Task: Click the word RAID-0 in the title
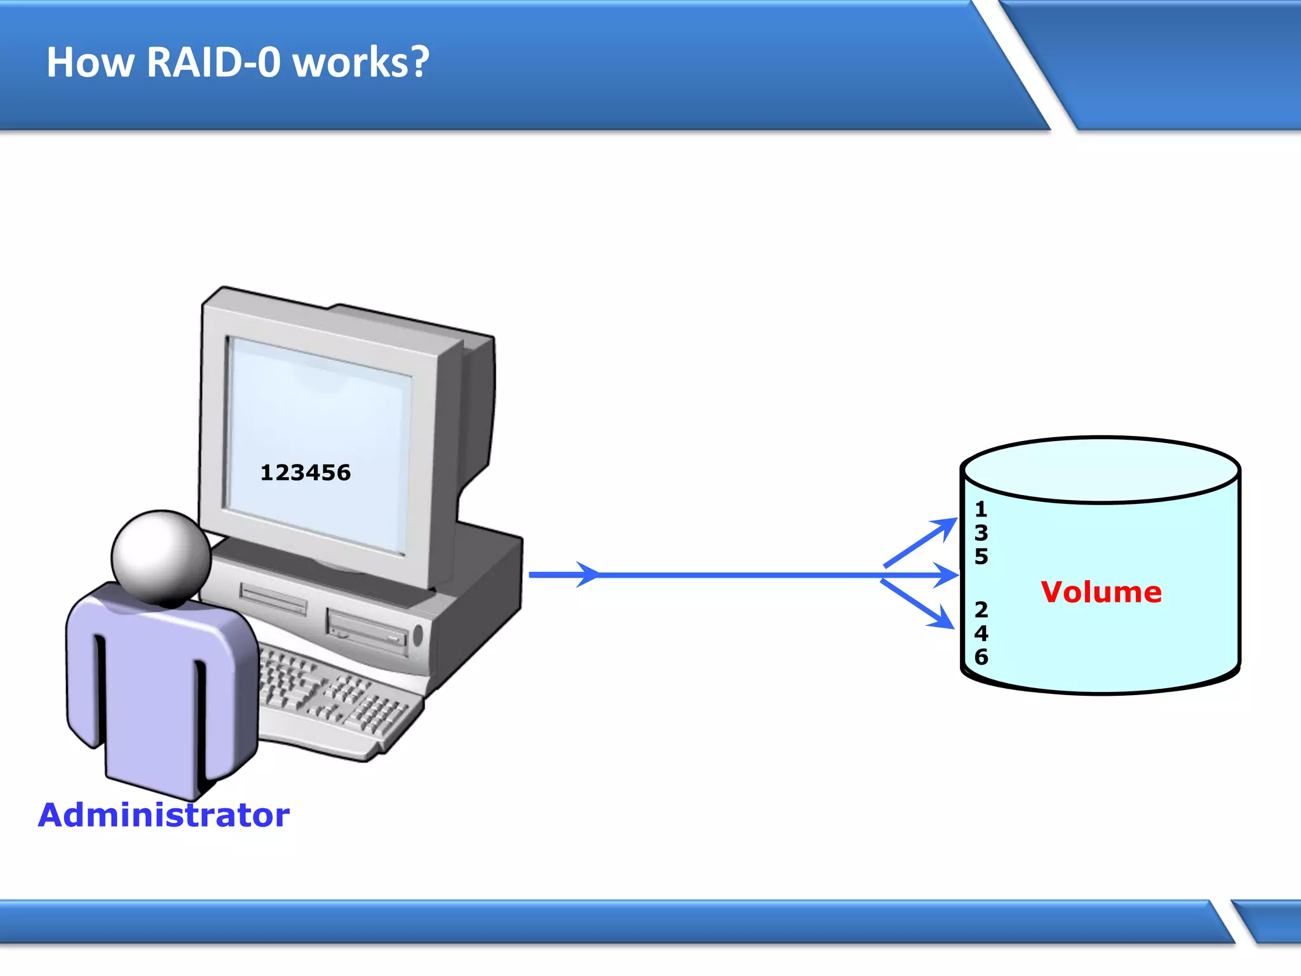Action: [213, 62]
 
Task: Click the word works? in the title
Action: [361, 64]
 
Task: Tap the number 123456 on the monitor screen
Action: [306, 473]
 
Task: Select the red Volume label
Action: [1101, 592]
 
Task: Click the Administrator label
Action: [164, 815]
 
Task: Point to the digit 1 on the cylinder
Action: [981, 509]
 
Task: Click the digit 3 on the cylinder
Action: [981, 532]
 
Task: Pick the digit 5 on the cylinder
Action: [981, 557]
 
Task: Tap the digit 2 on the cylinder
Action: [981, 610]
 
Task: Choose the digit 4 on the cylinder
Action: [981, 634]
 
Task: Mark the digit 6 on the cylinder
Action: [981, 657]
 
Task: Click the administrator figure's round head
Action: [161, 557]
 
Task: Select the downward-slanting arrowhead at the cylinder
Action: [943, 619]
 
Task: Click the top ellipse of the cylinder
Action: [1100, 470]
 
